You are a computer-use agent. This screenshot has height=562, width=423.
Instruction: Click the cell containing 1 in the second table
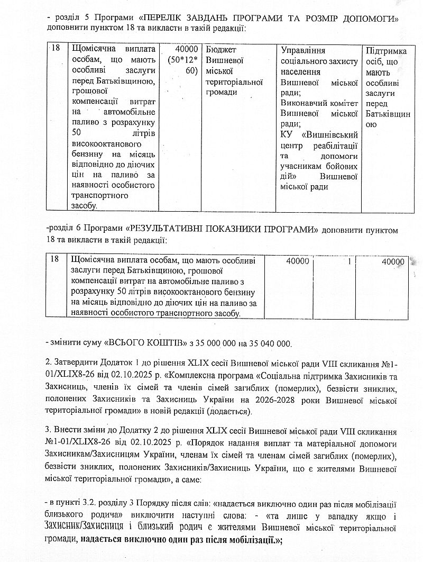tap(350, 261)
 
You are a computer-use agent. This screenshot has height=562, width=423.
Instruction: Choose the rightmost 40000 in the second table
tap(392, 261)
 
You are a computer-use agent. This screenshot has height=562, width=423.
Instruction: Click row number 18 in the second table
tap(55, 260)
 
